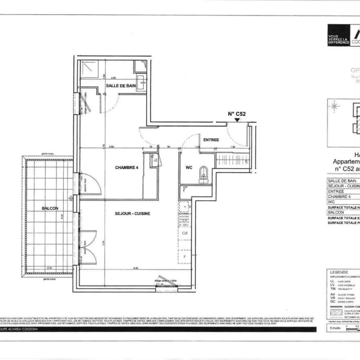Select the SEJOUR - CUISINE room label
132,213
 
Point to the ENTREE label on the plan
211,140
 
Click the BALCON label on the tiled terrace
50,208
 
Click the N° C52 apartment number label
236,113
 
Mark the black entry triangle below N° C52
237,120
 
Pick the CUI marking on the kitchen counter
184,233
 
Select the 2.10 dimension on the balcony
50,268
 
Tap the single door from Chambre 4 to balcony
86,182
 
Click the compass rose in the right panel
333,106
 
